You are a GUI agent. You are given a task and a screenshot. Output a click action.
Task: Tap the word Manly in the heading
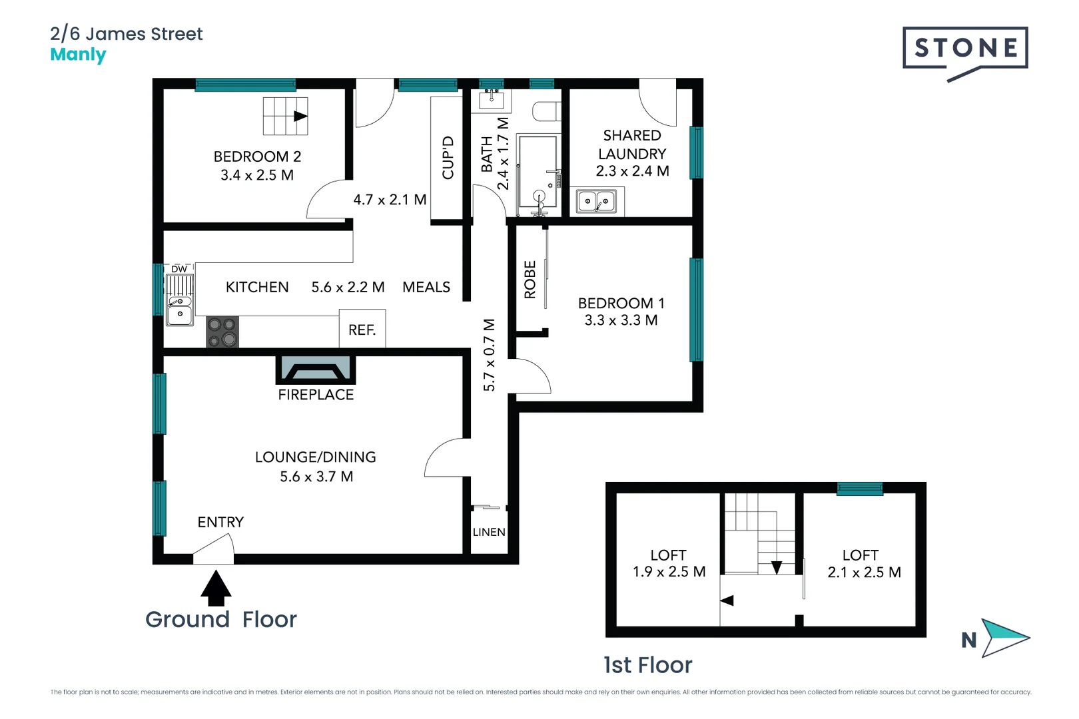[x=78, y=55]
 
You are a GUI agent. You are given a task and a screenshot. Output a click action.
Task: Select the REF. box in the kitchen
[x=362, y=329]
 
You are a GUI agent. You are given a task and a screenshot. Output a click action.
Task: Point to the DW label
[x=179, y=269]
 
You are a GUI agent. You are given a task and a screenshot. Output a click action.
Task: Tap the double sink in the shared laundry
[x=597, y=201]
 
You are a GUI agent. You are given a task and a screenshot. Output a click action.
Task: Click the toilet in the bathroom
[x=547, y=111]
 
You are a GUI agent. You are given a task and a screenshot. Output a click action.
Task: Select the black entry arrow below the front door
[x=216, y=589]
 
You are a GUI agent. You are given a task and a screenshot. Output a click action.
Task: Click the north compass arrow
[x=1004, y=638]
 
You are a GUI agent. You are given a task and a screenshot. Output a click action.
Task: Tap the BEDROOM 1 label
[x=621, y=303]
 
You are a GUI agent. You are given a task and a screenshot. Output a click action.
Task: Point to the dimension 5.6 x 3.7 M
[x=316, y=477]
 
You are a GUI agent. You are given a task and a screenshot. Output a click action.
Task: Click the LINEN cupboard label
[x=489, y=532]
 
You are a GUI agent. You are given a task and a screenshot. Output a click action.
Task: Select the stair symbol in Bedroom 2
[x=285, y=117]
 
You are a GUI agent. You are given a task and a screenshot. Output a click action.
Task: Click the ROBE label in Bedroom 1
[x=530, y=280]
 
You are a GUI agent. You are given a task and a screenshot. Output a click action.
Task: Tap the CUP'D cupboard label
[x=448, y=158]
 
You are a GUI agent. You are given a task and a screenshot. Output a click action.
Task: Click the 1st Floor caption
[x=647, y=665]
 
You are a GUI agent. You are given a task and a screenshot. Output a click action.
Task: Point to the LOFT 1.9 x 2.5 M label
[x=669, y=563]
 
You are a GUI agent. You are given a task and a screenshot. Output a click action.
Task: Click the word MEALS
[x=426, y=287]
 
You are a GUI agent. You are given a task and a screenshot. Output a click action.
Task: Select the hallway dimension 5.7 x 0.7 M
[x=489, y=355]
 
